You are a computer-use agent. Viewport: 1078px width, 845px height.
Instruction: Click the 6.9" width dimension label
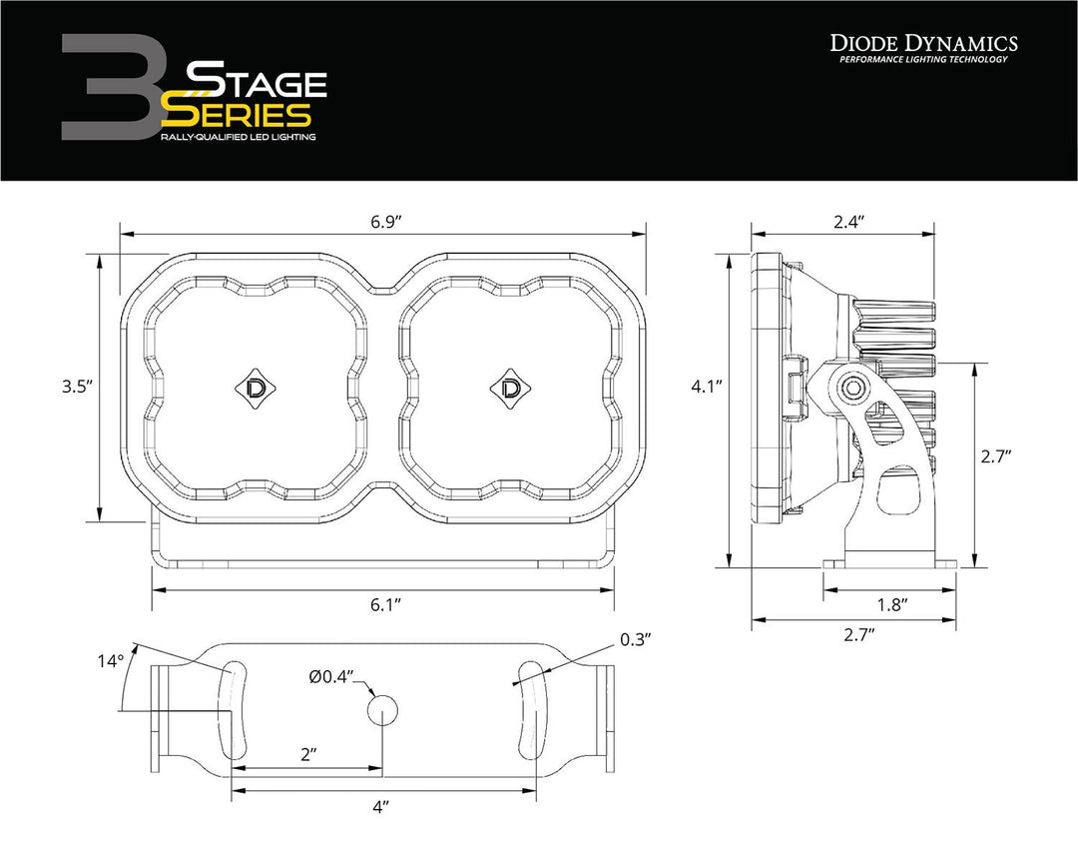pos(381,223)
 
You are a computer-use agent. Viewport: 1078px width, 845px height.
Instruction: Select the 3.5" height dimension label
pos(76,387)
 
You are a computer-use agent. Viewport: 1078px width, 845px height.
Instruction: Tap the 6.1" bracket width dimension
pos(383,604)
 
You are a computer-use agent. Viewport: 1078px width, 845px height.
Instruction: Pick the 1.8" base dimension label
pos(890,604)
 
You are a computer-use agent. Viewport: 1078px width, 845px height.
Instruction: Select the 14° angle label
pos(111,661)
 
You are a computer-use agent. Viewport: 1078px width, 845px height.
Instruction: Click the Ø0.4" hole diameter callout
pos(331,677)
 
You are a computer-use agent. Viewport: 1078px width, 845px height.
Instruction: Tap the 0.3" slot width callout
pos(636,640)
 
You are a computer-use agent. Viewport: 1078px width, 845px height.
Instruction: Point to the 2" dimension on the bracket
pos(307,754)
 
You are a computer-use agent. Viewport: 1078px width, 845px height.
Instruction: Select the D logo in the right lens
pos(512,388)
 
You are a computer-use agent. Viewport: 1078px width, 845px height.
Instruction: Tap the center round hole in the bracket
pos(383,710)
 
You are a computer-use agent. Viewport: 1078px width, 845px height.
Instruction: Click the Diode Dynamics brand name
pos(923,42)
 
